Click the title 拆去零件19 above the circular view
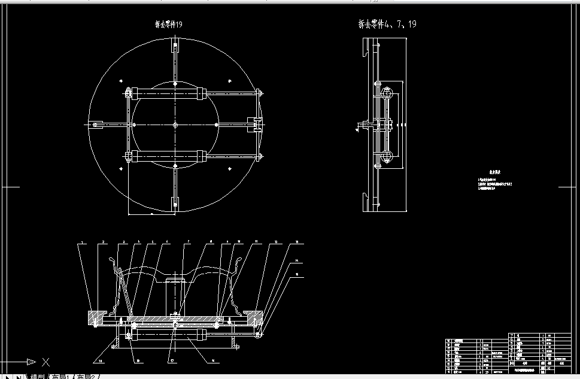pyautogui.click(x=173, y=25)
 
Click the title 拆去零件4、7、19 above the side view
pyautogui.click(x=386, y=25)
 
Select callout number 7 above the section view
pyautogui.click(x=189, y=242)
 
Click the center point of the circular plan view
pyautogui.click(x=174, y=125)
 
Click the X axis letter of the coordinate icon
pyautogui.click(x=46, y=362)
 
